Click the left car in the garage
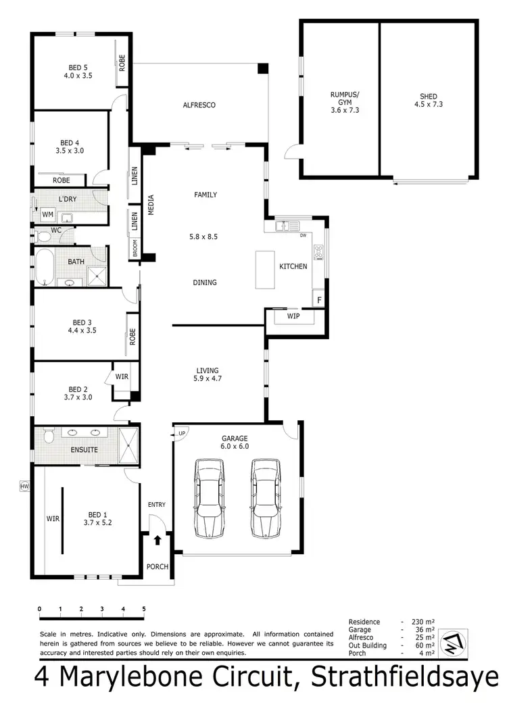click(x=209, y=499)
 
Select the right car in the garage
click(x=266, y=499)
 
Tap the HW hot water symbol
click(x=25, y=486)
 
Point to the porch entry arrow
click(x=158, y=540)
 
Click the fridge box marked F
click(x=318, y=299)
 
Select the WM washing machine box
click(x=47, y=214)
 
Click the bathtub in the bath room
click(x=45, y=268)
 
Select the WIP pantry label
click(x=293, y=316)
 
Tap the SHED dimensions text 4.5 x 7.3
click(x=428, y=105)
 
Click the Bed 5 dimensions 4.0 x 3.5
click(x=78, y=76)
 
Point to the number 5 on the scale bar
click(x=144, y=609)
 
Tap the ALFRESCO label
click(x=199, y=105)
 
